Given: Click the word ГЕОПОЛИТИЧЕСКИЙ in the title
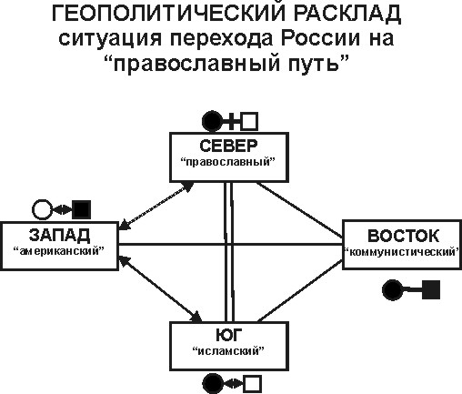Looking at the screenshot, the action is (169, 14).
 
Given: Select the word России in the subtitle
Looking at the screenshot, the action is (321, 39).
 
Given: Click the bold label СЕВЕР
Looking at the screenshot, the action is (229, 146).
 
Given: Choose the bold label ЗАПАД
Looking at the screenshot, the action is (59, 235).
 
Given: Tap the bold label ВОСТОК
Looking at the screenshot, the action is (403, 236).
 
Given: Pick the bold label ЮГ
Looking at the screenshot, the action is (229, 335).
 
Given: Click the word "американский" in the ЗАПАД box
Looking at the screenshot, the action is (59, 251).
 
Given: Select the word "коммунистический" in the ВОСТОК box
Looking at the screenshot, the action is (402, 252).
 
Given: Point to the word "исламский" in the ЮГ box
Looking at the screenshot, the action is (229, 351).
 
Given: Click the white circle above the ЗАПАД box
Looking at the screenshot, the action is (43, 209).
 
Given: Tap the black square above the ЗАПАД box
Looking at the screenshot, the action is (82, 209).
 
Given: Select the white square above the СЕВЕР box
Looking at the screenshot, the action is (249, 121).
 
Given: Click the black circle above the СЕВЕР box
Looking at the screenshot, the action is (212, 121).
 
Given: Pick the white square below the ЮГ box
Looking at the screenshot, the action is (252, 385).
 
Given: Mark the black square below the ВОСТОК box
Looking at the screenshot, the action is (431, 289).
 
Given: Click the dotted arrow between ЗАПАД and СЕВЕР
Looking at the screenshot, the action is (156, 206).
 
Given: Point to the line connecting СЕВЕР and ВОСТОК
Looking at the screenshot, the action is (300, 209).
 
